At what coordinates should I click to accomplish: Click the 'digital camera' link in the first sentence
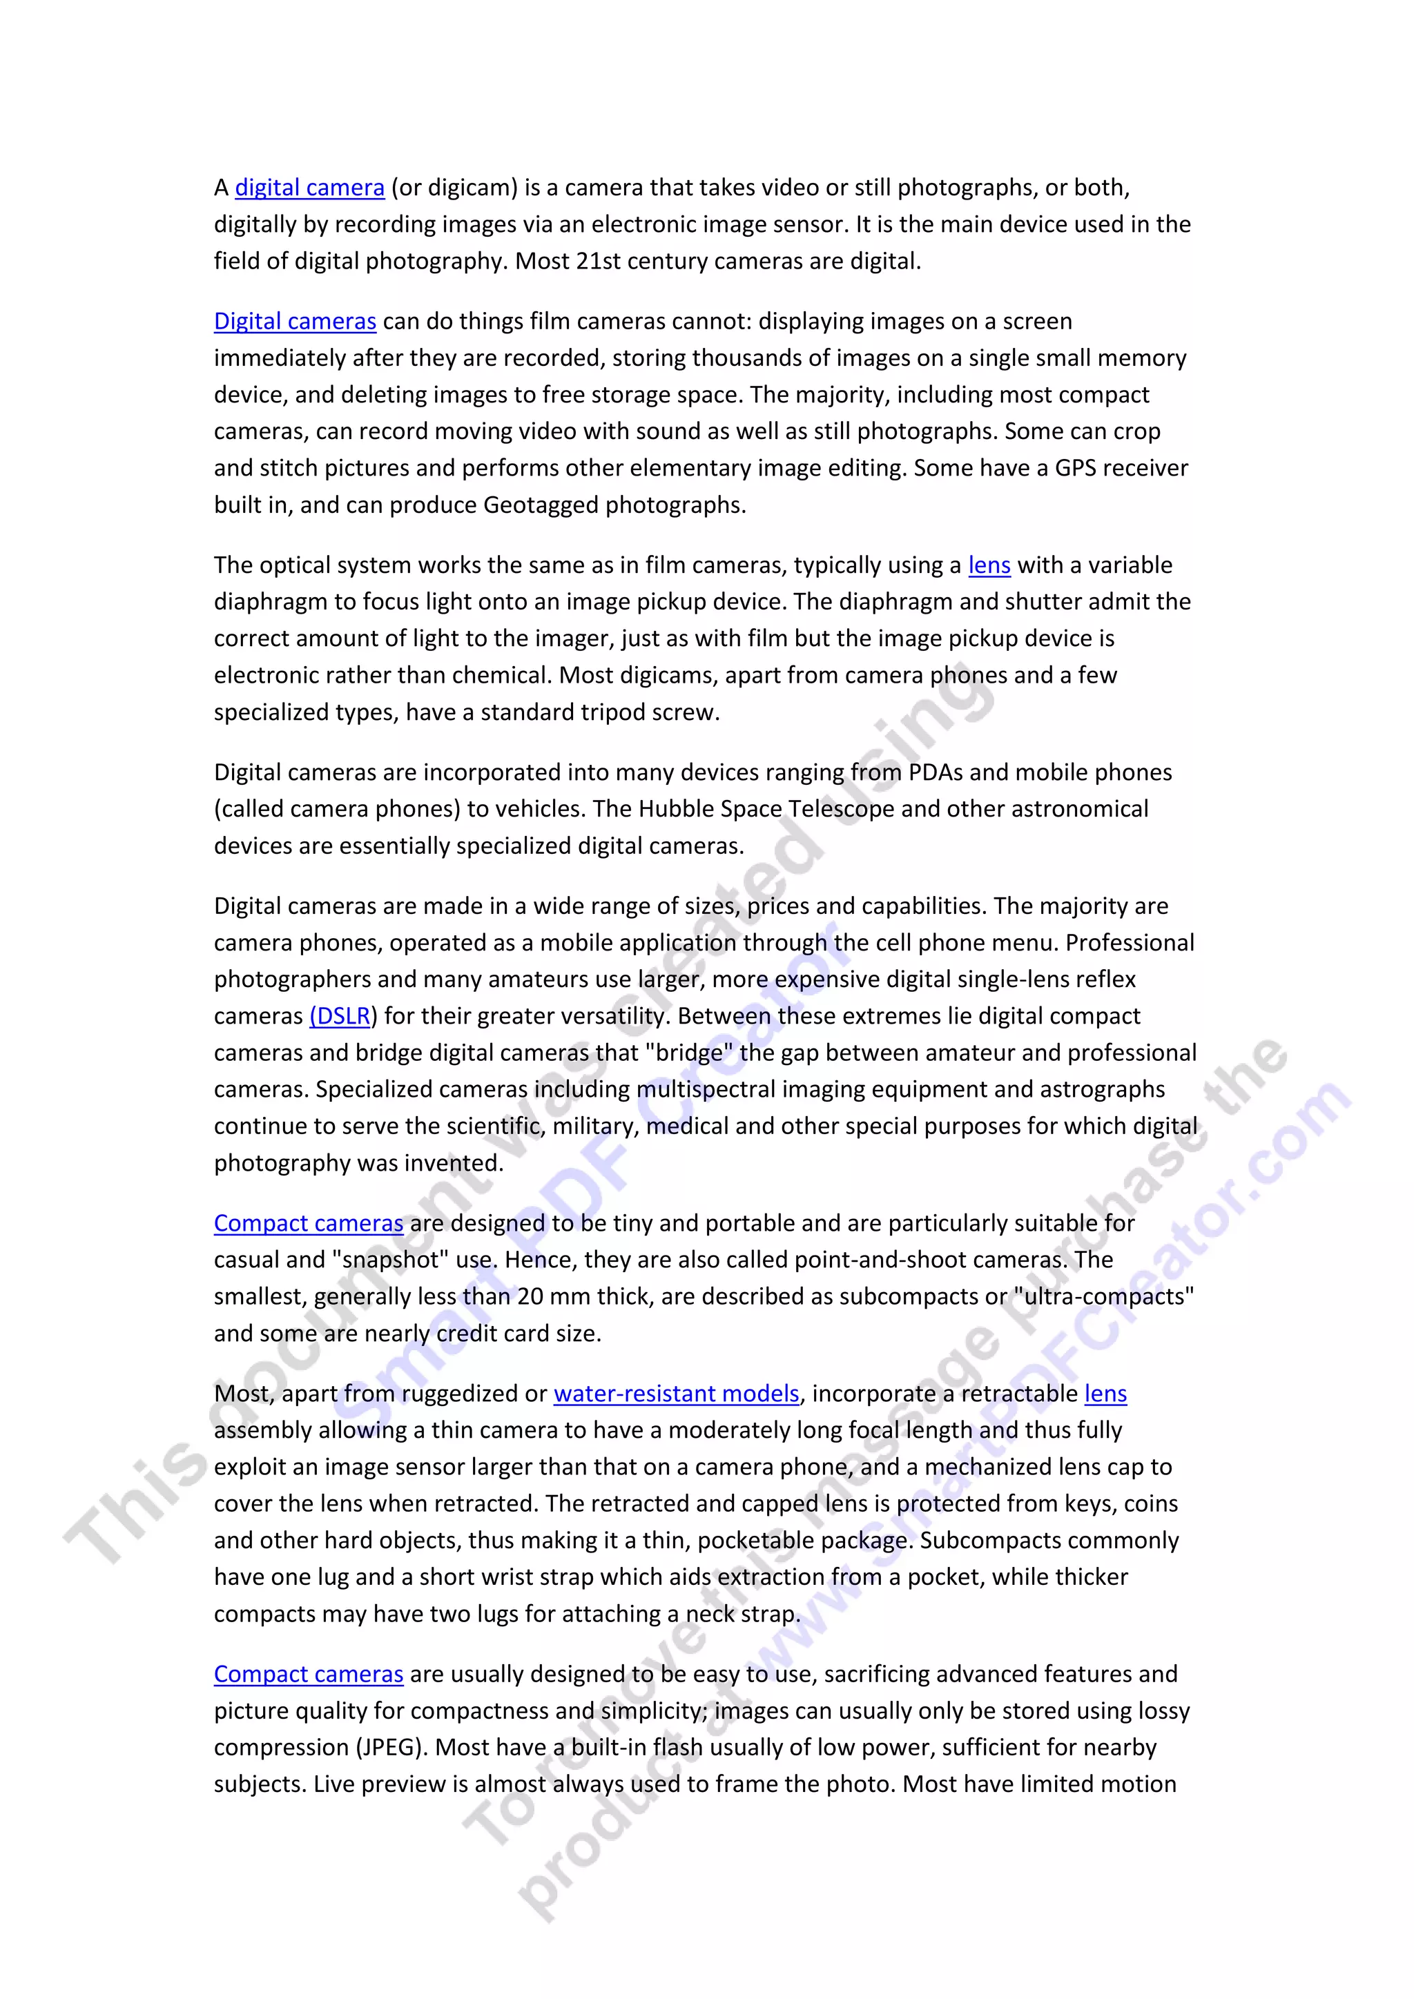pos(309,188)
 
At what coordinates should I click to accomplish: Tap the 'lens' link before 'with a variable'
pos(989,565)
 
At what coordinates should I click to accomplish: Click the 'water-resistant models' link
pos(677,1393)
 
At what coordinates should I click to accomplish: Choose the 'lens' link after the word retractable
pos(1105,1393)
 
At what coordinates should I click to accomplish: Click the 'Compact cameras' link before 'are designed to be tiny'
pos(308,1223)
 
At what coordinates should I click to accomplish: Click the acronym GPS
pos(1074,469)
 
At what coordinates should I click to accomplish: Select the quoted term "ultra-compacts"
pos(1103,1296)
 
